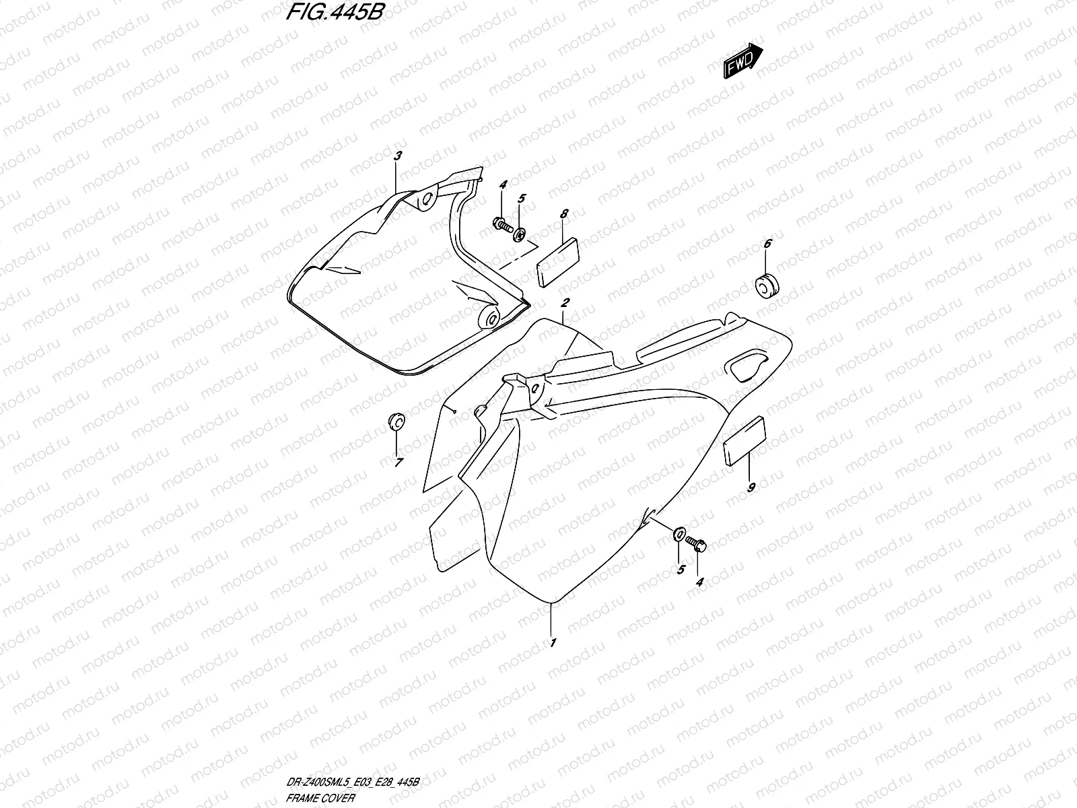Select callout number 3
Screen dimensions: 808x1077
(x=397, y=156)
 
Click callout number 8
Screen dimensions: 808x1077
(x=564, y=213)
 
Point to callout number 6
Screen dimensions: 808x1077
(x=767, y=244)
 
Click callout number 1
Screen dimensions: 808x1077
(x=553, y=642)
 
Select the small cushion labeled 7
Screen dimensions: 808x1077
(x=394, y=422)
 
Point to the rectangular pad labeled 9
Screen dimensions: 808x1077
(x=743, y=440)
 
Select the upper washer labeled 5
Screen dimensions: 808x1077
(x=520, y=234)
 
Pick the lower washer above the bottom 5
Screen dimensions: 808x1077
(x=679, y=535)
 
